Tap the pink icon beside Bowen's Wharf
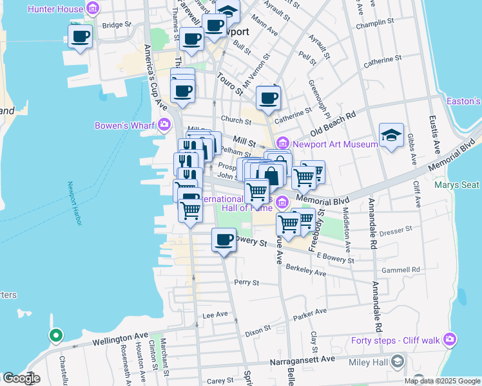click(x=166, y=124)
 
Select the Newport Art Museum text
click(x=334, y=143)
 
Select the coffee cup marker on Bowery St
click(x=224, y=240)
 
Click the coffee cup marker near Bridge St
click(x=80, y=36)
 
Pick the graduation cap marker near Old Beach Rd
click(x=391, y=135)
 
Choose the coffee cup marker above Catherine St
click(x=268, y=98)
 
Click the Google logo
click(x=21, y=378)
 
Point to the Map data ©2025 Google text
click(x=442, y=381)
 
